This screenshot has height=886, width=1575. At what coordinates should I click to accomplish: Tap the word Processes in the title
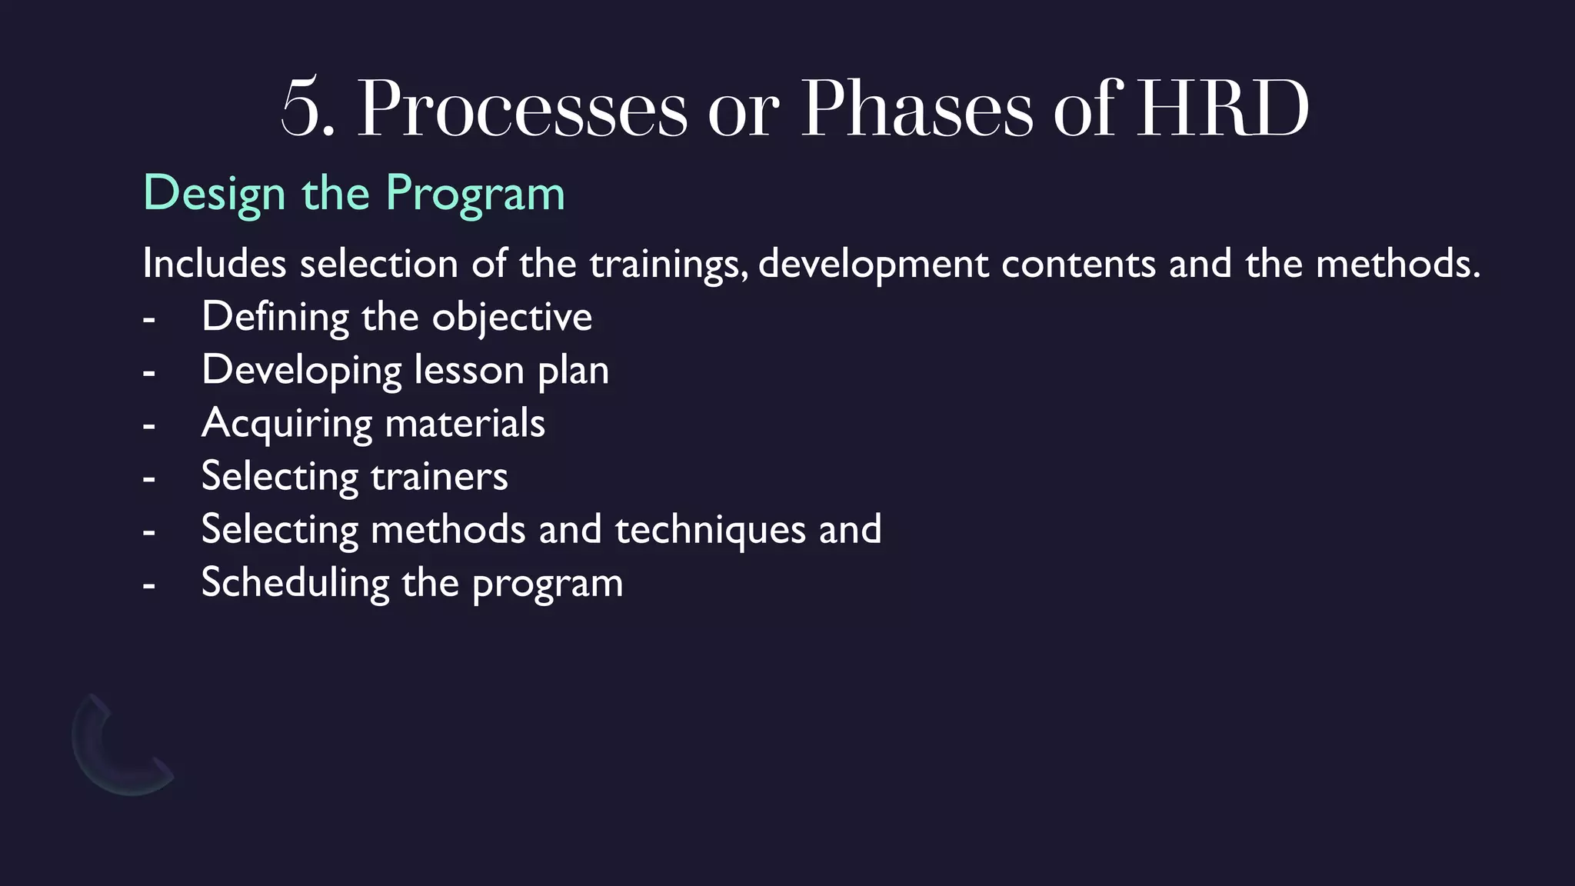pos(523,110)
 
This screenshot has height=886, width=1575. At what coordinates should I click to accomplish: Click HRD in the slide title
pos(1223,108)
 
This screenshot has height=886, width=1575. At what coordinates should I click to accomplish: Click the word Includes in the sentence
pos(215,264)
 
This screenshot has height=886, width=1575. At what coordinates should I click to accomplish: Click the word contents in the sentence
pos(1078,264)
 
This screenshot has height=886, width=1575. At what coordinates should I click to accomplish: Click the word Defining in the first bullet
pos(275,317)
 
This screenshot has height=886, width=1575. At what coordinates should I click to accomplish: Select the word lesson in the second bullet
pos(469,370)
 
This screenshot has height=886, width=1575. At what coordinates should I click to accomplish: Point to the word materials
pos(465,423)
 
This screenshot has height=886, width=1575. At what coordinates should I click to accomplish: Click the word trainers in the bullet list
pos(439,476)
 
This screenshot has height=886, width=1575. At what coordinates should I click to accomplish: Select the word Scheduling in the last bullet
pos(295,583)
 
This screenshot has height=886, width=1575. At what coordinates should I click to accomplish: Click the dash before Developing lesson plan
pos(149,373)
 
